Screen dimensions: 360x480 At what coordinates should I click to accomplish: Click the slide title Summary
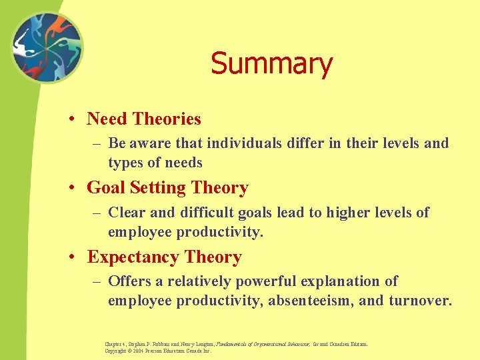[x=271, y=65]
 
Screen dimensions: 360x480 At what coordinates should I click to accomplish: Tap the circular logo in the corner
[x=46, y=49]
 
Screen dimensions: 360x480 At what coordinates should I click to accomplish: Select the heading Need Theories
[x=143, y=119]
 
